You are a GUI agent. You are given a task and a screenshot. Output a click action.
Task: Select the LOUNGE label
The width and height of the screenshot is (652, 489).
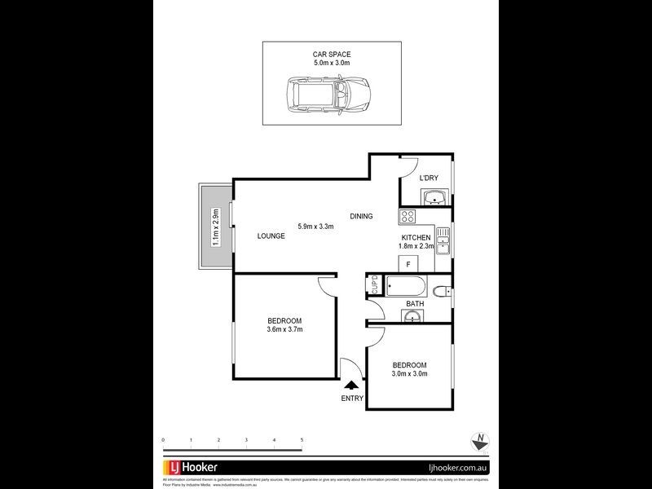[x=271, y=236]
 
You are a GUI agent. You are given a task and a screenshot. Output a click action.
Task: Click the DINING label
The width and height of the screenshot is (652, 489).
[x=361, y=216]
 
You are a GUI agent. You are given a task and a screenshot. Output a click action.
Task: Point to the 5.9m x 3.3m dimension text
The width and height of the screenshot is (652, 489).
[x=316, y=227]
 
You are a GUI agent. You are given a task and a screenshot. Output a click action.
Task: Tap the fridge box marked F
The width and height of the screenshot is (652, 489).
[x=407, y=263]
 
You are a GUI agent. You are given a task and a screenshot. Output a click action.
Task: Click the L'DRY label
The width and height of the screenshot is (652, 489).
[x=429, y=178]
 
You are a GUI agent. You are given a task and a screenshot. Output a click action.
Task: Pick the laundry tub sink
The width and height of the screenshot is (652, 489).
[x=434, y=196]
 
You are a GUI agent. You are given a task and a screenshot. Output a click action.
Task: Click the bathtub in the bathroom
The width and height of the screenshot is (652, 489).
[x=407, y=286]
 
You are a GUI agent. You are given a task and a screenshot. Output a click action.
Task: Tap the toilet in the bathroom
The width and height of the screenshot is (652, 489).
[x=440, y=291]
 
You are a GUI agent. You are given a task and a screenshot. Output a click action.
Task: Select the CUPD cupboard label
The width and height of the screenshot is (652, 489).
[x=374, y=285]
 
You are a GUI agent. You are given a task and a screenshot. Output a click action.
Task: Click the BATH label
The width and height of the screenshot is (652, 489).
[x=415, y=304]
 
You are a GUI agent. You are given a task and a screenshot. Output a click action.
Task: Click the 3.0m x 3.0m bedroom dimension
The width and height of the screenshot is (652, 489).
[x=409, y=374]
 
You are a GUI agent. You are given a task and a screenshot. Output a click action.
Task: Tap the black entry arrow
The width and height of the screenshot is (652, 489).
[x=351, y=385]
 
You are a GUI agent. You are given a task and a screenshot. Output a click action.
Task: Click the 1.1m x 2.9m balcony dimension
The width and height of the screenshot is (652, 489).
[x=216, y=227]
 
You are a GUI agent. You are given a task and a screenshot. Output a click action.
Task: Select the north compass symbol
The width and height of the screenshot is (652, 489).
[x=481, y=441]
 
